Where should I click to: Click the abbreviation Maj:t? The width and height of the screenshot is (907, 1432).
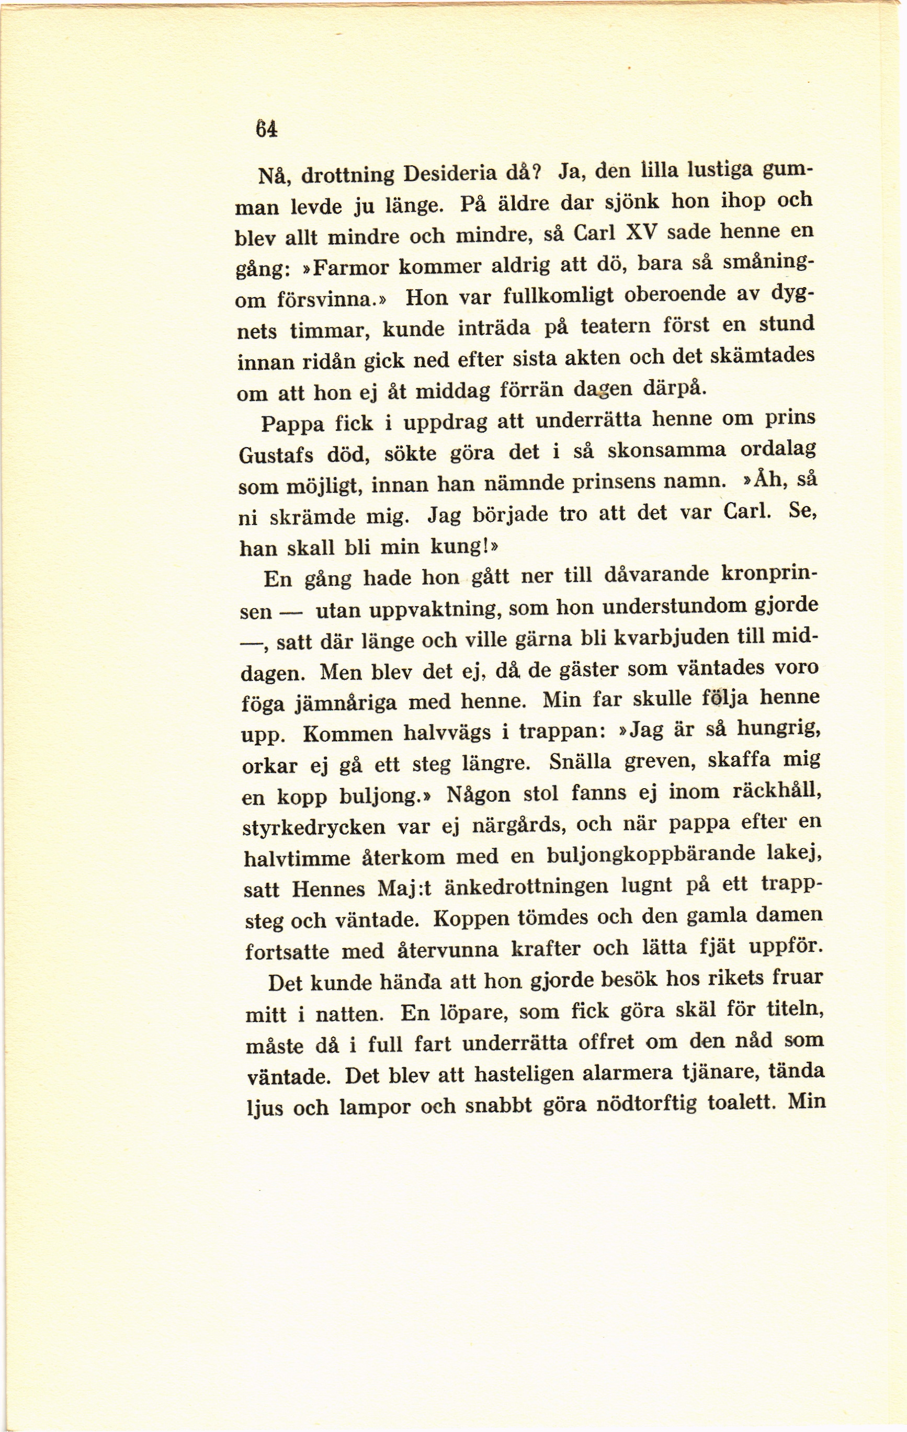tap(404, 889)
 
